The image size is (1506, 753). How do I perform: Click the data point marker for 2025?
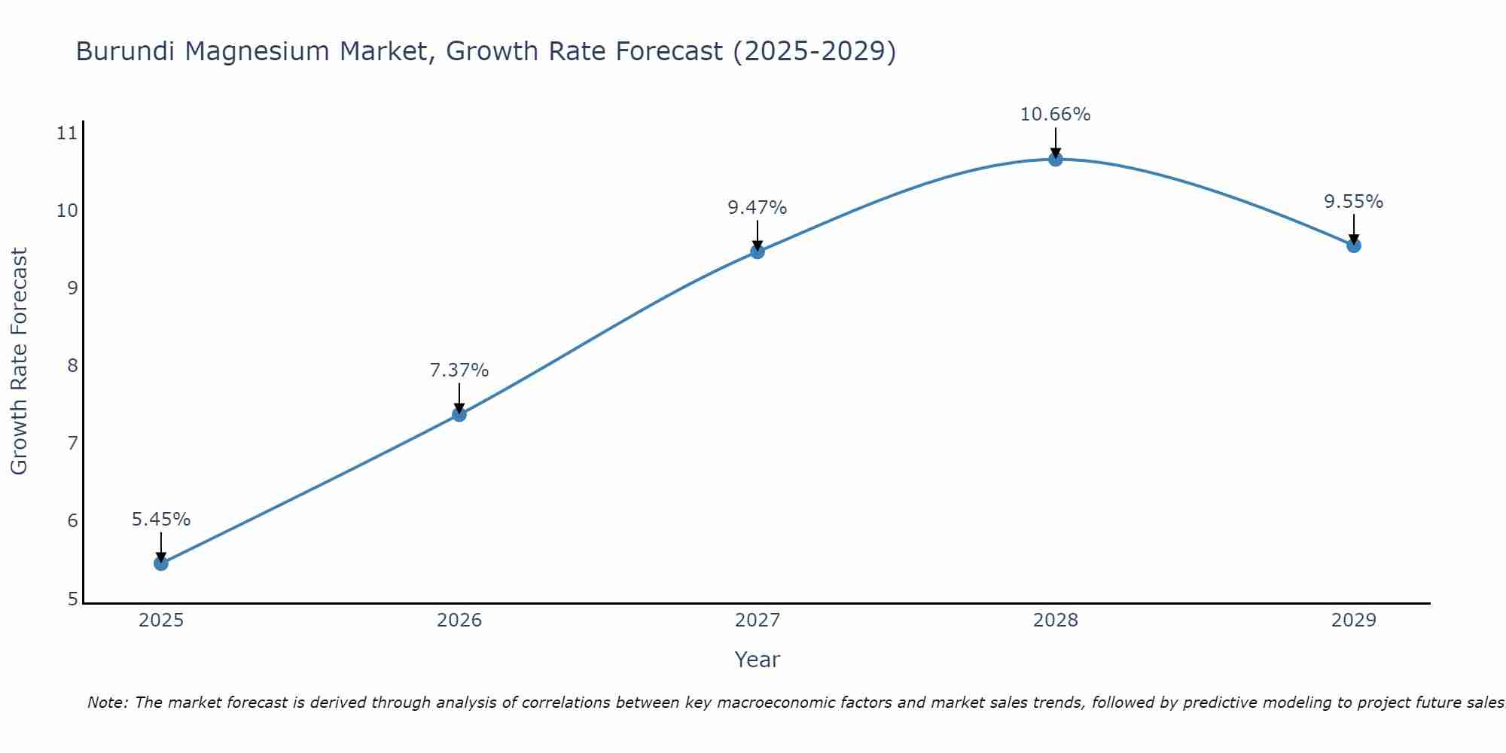coord(161,563)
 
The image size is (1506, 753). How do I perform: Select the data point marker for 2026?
coord(459,414)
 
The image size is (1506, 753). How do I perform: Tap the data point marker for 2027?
coord(758,252)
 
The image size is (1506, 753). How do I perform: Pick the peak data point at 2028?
coord(1056,159)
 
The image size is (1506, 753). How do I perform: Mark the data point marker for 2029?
coord(1354,245)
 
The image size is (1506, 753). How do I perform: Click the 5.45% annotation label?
coord(161,520)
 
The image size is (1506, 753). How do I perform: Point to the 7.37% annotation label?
coord(459,370)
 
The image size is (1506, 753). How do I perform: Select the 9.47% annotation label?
coord(758,208)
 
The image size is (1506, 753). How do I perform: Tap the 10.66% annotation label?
coord(1056,114)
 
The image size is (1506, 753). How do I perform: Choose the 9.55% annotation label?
coord(1354,202)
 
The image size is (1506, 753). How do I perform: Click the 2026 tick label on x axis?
coord(459,620)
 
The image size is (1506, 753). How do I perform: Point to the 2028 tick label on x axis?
coord(1056,620)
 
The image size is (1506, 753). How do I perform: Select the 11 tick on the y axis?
coord(67,134)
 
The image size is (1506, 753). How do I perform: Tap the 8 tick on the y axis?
coord(72,366)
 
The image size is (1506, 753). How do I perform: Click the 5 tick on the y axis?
coord(72,599)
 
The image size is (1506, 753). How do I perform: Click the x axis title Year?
coord(758,660)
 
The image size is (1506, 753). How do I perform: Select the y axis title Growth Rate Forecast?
coord(20,361)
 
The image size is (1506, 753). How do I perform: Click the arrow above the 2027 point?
coord(758,235)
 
